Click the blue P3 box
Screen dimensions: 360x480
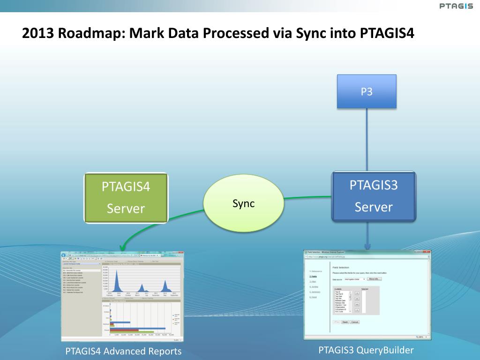pyautogui.click(x=367, y=91)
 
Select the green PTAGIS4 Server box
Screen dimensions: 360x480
pyautogui.click(x=126, y=197)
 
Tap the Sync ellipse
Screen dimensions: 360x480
pyautogui.click(x=243, y=203)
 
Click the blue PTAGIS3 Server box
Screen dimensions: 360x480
pyautogui.click(x=374, y=196)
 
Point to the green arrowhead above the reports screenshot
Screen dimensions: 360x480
pyautogui.click(x=122, y=247)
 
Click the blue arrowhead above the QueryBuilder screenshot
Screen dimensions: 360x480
pyautogui.click(x=367, y=246)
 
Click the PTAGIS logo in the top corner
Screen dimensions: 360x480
pyautogui.click(x=457, y=6)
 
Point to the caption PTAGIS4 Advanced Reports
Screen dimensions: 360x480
pyautogui.click(x=123, y=351)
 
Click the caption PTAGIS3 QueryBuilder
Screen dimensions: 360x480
pyautogui.click(x=366, y=350)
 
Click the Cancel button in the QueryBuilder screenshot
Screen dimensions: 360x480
pyautogui.click(x=355, y=322)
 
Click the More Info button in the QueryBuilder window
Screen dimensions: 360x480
pyautogui.click(x=375, y=279)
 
